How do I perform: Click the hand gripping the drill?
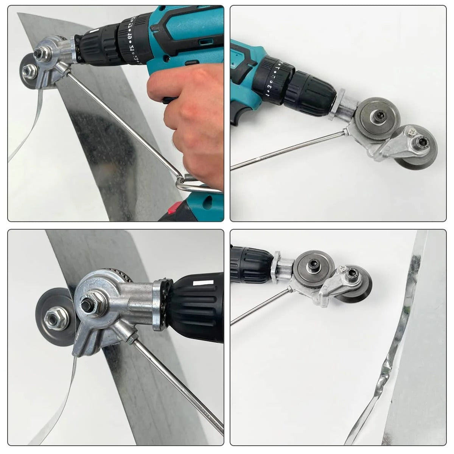pyautogui.click(x=189, y=113)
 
